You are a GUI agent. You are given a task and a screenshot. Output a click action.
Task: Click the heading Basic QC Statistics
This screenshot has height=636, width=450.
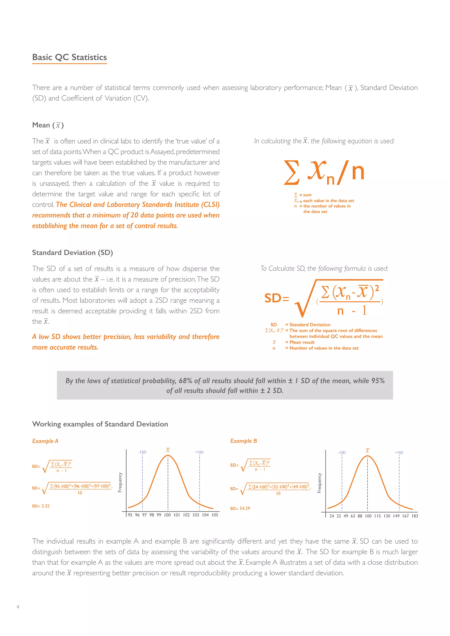tap(69, 57)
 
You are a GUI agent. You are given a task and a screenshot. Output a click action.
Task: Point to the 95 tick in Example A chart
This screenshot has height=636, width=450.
tap(130, 515)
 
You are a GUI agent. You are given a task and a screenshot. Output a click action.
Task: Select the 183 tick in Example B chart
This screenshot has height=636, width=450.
tap(415, 516)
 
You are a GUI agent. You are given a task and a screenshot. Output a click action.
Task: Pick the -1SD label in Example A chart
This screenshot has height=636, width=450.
tap(142, 452)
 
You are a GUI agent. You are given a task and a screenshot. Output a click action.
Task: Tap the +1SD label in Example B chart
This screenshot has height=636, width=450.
tap(399, 453)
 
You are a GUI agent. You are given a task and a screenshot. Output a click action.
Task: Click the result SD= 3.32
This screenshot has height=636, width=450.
tap(40, 506)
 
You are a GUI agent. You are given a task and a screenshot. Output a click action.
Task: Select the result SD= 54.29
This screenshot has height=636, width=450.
tap(240, 508)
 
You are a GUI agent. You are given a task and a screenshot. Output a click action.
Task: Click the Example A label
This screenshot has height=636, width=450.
tap(45, 441)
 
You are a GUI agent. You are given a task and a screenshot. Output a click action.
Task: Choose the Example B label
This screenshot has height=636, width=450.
tap(243, 441)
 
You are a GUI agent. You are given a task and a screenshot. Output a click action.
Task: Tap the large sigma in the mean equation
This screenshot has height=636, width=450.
tap(292, 173)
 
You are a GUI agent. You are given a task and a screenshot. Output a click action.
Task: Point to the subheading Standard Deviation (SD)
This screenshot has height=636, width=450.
tap(72, 253)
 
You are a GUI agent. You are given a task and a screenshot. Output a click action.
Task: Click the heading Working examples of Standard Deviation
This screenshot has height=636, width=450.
tap(100, 424)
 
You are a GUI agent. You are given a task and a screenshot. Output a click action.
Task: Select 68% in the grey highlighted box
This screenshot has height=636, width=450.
tap(185, 381)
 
